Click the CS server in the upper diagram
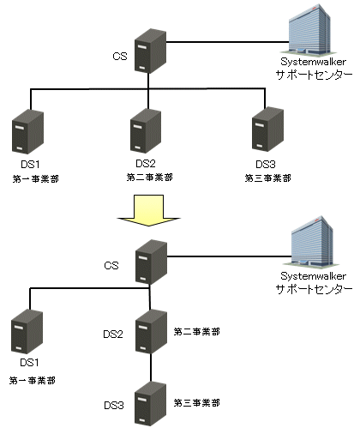pos(150,51)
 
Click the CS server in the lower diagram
pos(151,262)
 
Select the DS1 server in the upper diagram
pos(27,131)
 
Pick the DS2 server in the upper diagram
pos(146,131)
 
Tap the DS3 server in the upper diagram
pos(267,130)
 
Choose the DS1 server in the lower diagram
pos(27,332)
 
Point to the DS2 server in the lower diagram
pos(151,332)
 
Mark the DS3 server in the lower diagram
pos(150,404)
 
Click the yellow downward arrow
pos(148,211)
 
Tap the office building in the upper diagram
pos(309,30)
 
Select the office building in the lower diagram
pos(311,242)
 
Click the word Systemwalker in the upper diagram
pos(313,62)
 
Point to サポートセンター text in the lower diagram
pos(314,289)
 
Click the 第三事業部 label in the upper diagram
pos(268,178)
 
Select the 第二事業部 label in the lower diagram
pos(197,332)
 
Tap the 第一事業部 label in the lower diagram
pos(33,381)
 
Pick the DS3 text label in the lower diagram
pos(114,406)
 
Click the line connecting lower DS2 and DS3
pos(151,368)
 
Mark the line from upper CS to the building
pos(228,42)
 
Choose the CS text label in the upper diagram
pos(120,56)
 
